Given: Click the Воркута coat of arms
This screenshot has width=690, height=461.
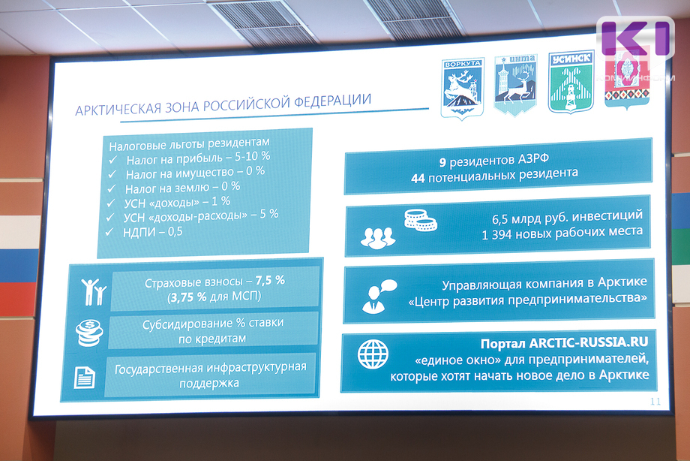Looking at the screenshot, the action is [x=463, y=89].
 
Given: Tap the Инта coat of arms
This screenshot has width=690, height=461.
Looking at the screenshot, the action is [x=516, y=84].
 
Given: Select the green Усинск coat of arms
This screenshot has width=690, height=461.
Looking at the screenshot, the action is [x=571, y=82].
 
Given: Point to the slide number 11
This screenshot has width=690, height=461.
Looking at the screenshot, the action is [x=655, y=402].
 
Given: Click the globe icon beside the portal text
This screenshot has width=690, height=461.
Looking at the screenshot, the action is [x=373, y=354].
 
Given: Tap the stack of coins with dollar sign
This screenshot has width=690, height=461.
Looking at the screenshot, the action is [x=89, y=333].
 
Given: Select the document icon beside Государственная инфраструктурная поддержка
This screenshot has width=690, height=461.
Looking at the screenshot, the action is [x=84, y=377].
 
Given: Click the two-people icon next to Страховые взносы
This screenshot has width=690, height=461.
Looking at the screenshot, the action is [x=93, y=291].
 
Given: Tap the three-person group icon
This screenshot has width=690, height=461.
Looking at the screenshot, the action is [x=377, y=239].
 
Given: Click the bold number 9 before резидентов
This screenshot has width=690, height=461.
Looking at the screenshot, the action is [x=442, y=163].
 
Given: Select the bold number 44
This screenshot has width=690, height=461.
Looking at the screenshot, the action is [x=418, y=179].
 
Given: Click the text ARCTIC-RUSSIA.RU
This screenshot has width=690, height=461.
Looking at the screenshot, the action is [x=589, y=342].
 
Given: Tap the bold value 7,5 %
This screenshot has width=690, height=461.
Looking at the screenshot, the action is [x=270, y=280].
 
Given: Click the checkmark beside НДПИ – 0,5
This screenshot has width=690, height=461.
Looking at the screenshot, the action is [x=109, y=232].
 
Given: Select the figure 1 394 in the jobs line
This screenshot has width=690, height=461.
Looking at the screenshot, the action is [x=496, y=235].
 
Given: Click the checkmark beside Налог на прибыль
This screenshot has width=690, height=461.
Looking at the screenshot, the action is [x=113, y=159].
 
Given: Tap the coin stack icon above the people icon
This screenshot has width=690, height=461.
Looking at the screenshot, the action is [x=420, y=220].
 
